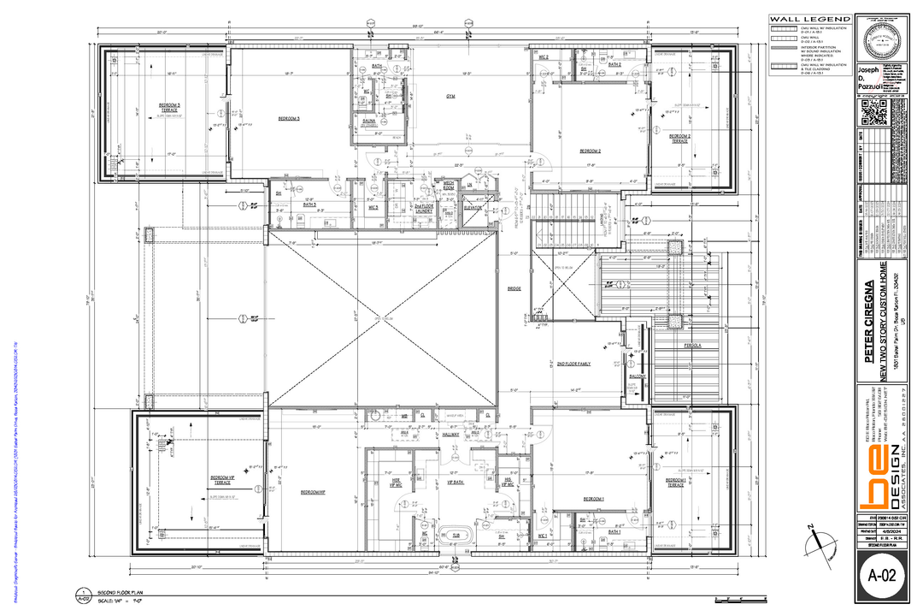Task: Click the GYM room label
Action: point(450,97)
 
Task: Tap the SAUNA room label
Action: point(369,121)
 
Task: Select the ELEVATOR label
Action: point(473,206)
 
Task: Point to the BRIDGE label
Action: point(514,288)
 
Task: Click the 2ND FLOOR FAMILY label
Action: point(573,364)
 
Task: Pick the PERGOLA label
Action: point(692,346)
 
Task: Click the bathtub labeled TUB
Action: point(456,535)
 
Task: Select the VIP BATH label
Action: point(455,483)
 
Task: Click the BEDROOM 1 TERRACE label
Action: point(674,483)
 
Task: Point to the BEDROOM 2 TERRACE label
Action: point(679,138)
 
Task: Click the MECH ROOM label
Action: point(448,185)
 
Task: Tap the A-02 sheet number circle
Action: point(881,577)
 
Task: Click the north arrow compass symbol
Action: point(822,541)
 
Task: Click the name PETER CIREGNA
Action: point(869,321)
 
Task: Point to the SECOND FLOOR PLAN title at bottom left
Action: point(119,592)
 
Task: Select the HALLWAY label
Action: point(451,435)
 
